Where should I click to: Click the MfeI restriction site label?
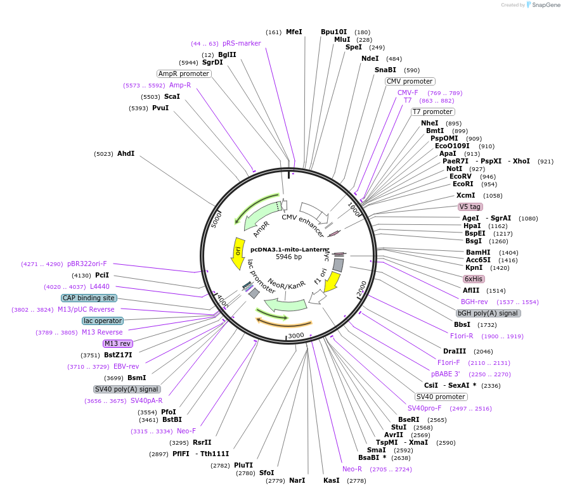pyautogui.click(x=294, y=32)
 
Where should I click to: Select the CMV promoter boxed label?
pyautogui.click(x=410, y=81)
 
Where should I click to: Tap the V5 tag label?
pyautogui.click(x=470, y=207)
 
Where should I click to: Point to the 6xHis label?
pyautogui.click(x=474, y=279)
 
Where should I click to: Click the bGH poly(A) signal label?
pyautogui.click(x=489, y=313)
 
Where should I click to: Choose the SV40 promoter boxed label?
pyautogui.click(x=441, y=397)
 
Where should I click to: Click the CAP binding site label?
pyautogui.click(x=89, y=298)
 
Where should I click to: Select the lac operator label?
pyautogui.click(x=102, y=321)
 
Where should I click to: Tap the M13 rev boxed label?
pyautogui.click(x=117, y=343)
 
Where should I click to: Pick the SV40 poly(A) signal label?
pyautogui.click(x=127, y=389)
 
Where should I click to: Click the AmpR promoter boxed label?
pyautogui.click(x=184, y=73)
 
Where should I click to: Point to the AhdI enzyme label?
pyautogui.click(x=126, y=153)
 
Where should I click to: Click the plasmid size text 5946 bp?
pyautogui.click(x=288, y=257)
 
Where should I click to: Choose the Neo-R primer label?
pyautogui.click(x=352, y=469)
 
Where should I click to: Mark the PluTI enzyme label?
pyautogui.click(x=243, y=465)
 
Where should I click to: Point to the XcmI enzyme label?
pyautogui.click(x=466, y=195)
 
